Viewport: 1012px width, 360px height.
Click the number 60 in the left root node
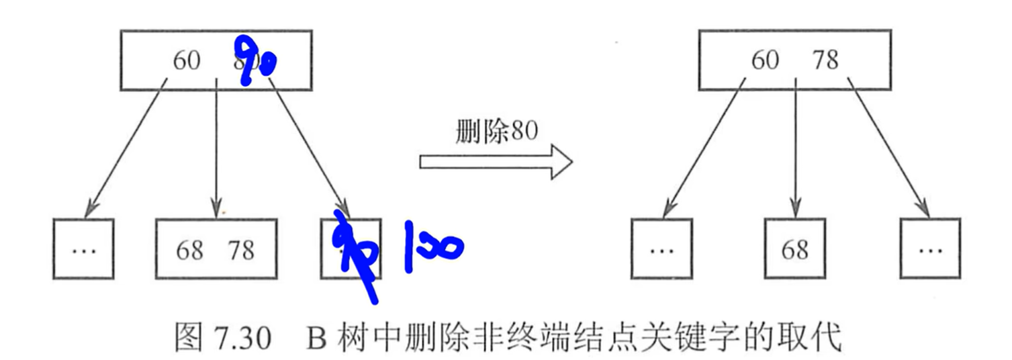click(x=187, y=60)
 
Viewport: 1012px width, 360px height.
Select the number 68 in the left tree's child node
click(x=189, y=250)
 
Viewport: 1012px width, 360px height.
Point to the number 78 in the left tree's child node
click(x=240, y=250)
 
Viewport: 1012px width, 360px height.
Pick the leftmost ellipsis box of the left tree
click(x=83, y=249)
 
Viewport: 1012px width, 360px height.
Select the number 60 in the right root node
click(x=765, y=60)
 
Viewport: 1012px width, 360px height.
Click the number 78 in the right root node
click(x=825, y=60)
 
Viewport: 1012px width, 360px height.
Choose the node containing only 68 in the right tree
click(x=795, y=249)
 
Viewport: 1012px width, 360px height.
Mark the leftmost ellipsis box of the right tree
click(x=661, y=249)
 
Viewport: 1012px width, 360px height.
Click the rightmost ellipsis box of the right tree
click(x=930, y=249)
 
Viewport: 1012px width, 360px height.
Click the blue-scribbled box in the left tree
click(x=351, y=249)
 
